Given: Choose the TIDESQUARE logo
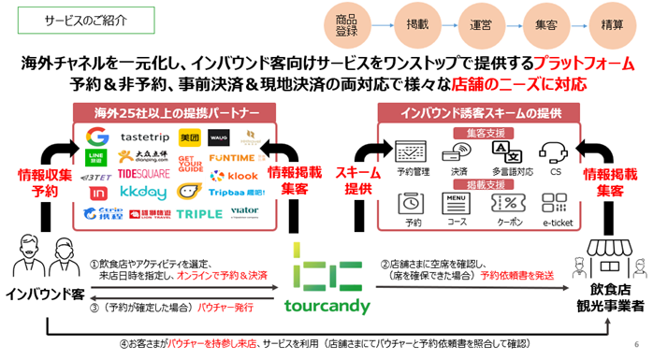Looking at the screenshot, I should (141, 175).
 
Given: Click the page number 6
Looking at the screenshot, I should (638, 343).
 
